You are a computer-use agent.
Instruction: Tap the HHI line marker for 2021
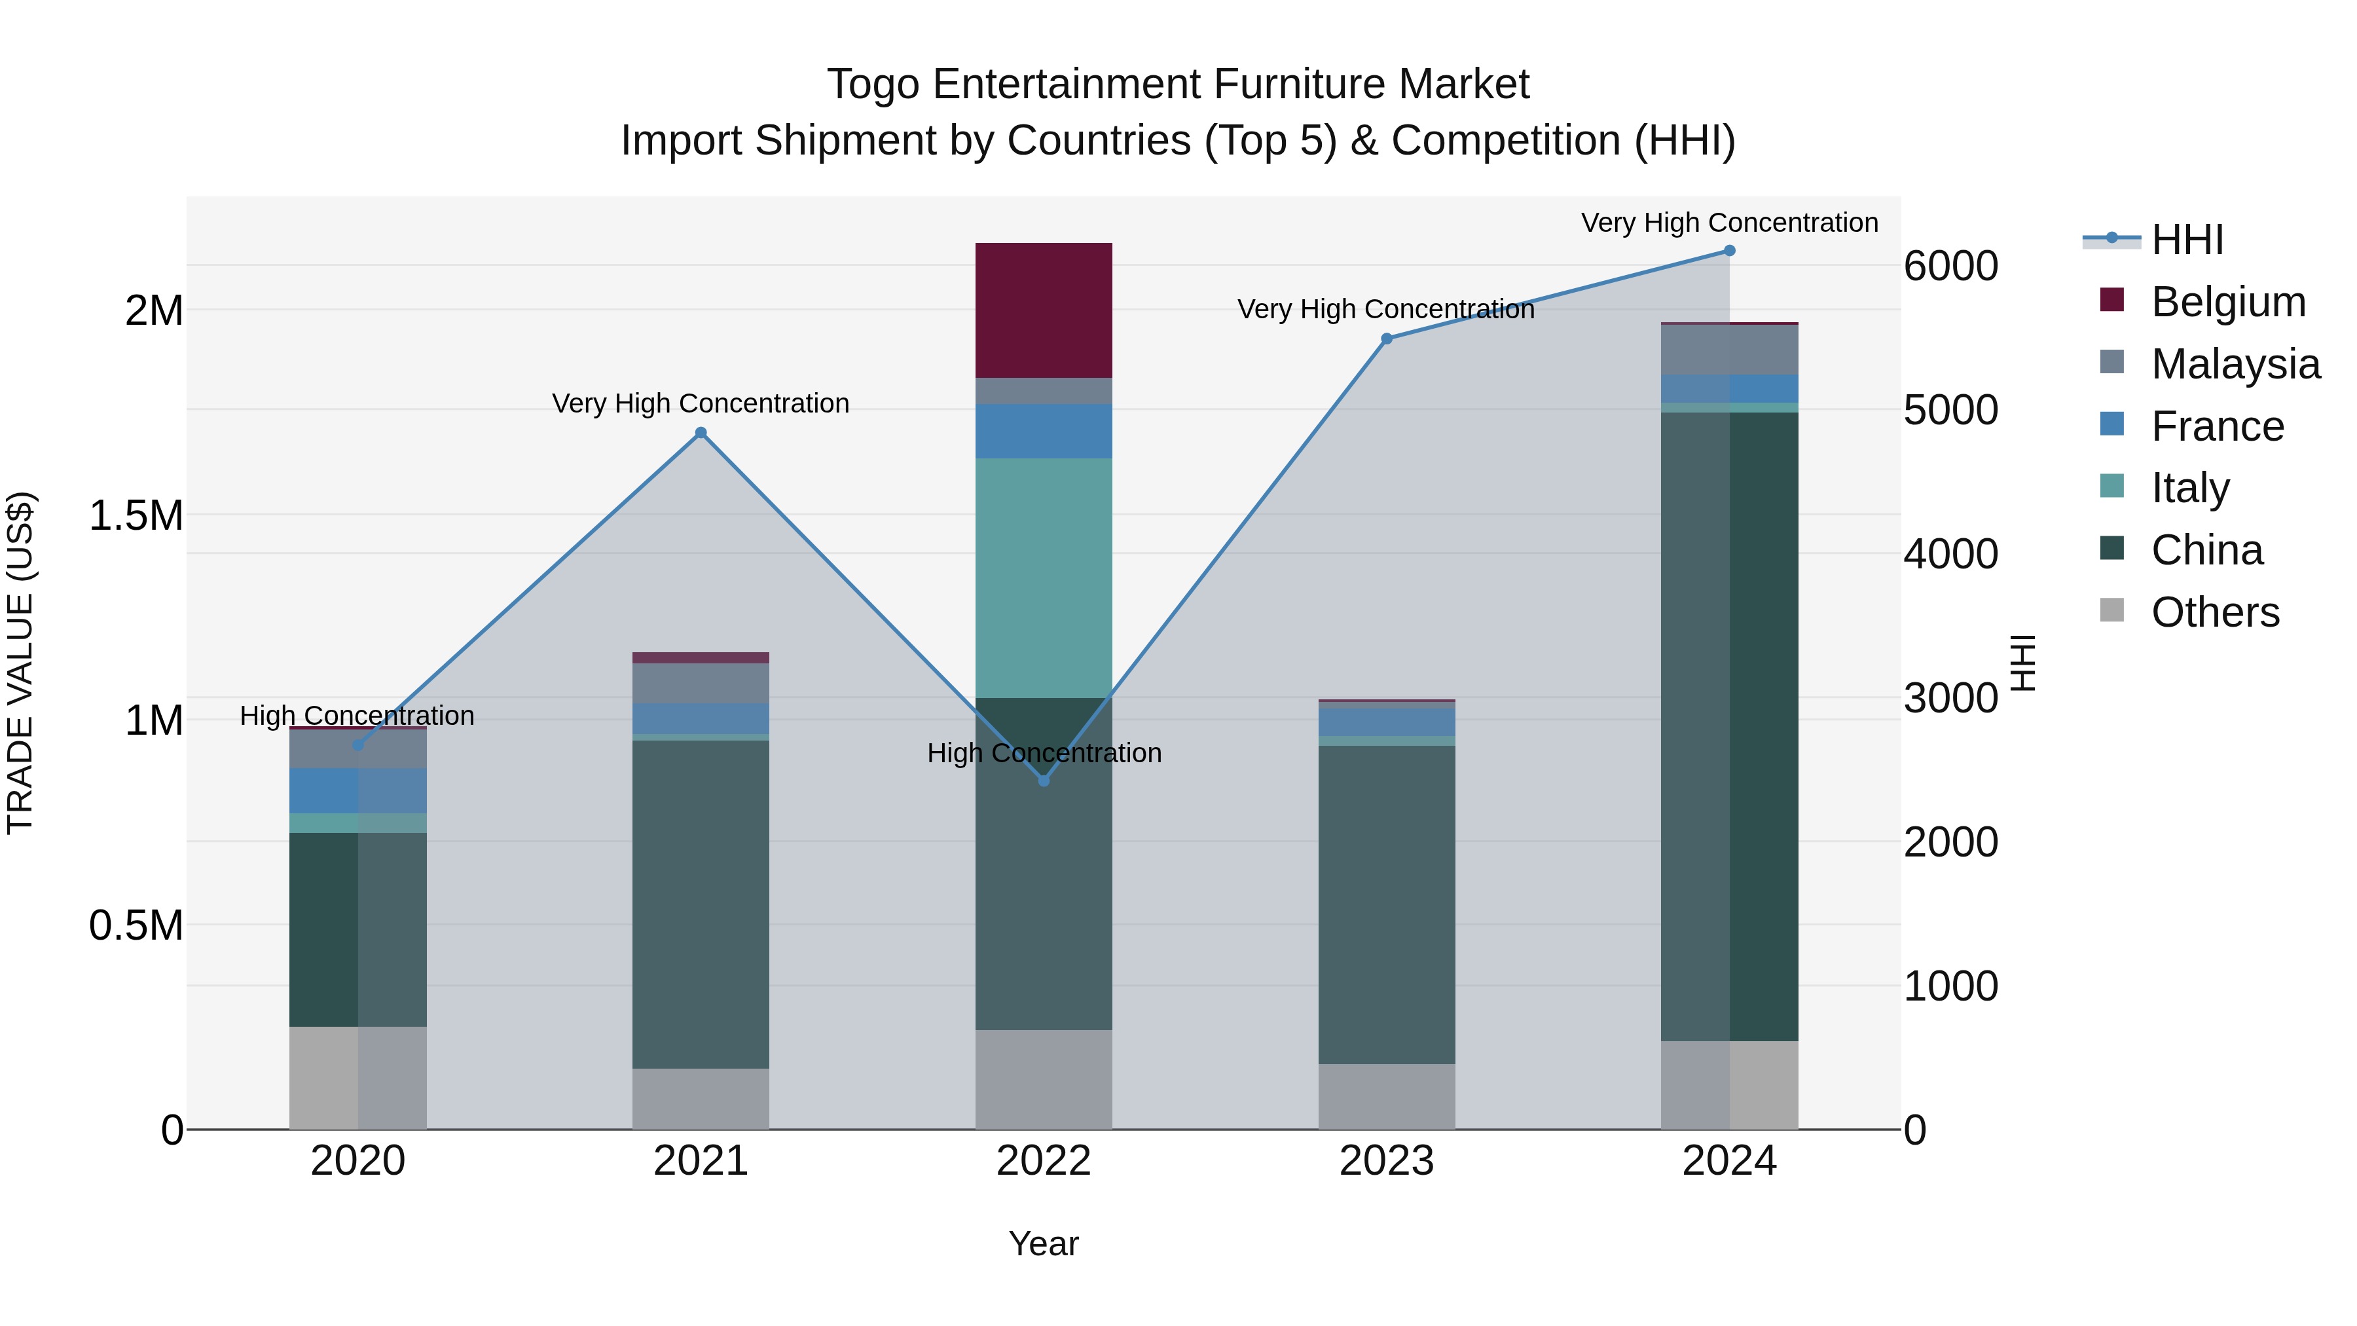point(701,433)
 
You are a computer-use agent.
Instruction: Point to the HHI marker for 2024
point(1729,251)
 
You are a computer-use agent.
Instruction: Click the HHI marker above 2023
point(1386,339)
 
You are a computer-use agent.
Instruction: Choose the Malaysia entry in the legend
point(2235,363)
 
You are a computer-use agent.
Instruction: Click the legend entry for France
point(2216,426)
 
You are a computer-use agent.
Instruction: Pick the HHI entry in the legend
point(2187,239)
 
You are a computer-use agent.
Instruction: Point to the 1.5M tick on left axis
point(136,515)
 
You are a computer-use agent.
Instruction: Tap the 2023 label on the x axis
point(1386,1160)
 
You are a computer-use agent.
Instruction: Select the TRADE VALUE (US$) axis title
point(20,663)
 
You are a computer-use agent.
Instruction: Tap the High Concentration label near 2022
point(1044,753)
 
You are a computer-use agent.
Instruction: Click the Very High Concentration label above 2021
point(701,403)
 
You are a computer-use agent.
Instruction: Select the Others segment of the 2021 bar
point(701,1098)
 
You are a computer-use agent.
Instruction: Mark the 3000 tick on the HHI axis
point(1951,697)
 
